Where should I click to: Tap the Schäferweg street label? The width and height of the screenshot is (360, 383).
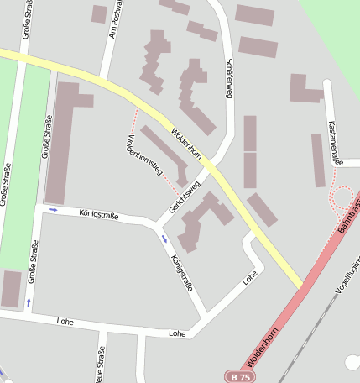click(228, 79)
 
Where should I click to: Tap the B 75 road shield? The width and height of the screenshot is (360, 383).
click(239, 376)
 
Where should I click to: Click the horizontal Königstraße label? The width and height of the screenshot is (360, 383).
click(98, 216)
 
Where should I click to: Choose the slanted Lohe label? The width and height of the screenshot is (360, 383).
click(248, 276)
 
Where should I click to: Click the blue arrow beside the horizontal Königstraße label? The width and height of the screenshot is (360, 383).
click(53, 209)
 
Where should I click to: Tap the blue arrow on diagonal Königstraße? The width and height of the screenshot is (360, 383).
click(164, 239)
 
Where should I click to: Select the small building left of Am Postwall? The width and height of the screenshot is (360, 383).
click(99, 13)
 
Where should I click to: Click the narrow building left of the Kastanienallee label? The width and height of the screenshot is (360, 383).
click(318, 160)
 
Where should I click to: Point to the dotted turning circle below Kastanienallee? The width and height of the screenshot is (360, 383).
click(341, 198)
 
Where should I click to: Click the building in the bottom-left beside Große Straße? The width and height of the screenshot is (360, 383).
click(11, 288)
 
